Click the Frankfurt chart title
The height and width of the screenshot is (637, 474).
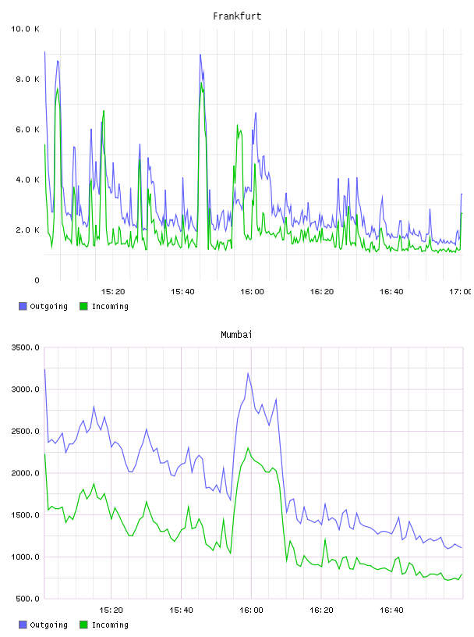[x=237, y=16]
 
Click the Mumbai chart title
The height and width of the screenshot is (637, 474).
[x=236, y=335]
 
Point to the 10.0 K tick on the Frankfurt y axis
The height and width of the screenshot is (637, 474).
[x=25, y=29]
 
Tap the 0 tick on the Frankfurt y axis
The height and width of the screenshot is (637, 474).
[x=37, y=280]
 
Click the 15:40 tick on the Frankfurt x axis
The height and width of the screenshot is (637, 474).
[x=182, y=292]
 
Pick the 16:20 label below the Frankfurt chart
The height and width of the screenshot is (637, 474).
[x=322, y=292]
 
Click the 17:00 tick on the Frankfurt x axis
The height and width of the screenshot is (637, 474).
[x=460, y=292]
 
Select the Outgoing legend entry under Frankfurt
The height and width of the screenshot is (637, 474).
[x=44, y=306]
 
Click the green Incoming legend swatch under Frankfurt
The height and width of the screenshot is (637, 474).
[x=83, y=306]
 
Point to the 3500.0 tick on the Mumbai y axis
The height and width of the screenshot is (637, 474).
[x=25, y=347]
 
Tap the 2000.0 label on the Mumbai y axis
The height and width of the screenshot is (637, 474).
[x=25, y=473]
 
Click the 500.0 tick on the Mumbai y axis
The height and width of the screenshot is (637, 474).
[x=27, y=599]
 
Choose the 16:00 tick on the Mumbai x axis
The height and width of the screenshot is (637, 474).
[x=252, y=610]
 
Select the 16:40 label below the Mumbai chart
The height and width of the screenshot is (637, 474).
[x=391, y=610]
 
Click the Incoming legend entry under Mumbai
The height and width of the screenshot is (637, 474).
[x=104, y=625]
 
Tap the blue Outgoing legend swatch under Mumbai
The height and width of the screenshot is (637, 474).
[x=23, y=625]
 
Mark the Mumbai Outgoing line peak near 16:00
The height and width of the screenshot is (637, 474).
[x=248, y=373]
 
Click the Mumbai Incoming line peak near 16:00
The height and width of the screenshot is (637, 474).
[x=248, y=448]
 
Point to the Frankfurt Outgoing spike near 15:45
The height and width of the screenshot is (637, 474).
[x=200, y=55]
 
